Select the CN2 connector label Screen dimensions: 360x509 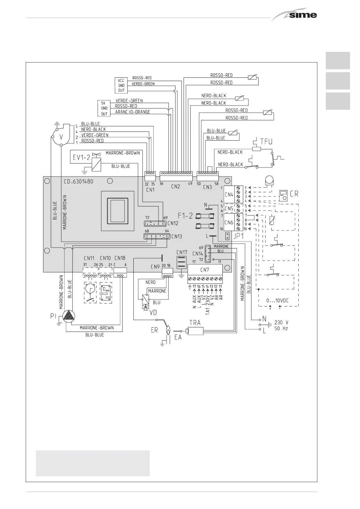[175, 186]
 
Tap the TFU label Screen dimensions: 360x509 [266, 141]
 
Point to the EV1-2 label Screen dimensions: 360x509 [81, 157]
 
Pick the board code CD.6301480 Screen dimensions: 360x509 [78, 182]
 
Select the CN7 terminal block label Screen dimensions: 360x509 [205, 270]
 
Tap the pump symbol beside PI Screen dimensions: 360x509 [69, 316]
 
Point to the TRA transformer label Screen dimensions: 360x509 [195, 323]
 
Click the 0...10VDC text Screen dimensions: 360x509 [278, 301]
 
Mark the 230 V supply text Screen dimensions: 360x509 [281, 322]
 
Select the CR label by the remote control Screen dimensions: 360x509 [294, 193]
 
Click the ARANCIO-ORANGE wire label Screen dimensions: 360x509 [133, 112]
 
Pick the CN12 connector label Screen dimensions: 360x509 [173, 223]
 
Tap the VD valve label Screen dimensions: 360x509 [153, 313]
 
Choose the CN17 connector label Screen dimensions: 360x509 [182, 252]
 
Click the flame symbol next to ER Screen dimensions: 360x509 [168, 329]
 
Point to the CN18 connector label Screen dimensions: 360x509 [120, 258]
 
